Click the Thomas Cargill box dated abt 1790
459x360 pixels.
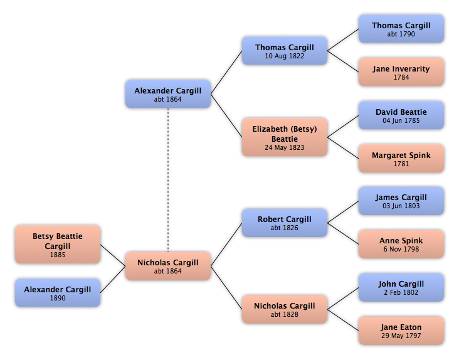pos(401,29)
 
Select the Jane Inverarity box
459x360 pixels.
pos(401,72)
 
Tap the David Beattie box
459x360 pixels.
pos(401,115)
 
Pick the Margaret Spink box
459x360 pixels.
pos(401,158)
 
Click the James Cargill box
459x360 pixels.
pos(401,201)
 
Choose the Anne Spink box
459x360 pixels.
pos(401,244)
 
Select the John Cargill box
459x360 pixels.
pos(401,287)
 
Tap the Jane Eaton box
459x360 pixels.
pos(401,331)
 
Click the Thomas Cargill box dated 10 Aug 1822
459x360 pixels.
pos(285,51)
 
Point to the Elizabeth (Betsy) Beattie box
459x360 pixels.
pos(285,137)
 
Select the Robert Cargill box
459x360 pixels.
pos(285,223)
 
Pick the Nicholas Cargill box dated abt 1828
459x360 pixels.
pos(285,309)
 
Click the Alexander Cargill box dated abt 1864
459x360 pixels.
pos(168,94)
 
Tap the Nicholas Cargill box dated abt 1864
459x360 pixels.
pos(168,266)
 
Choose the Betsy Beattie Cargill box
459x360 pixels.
pos(58,245)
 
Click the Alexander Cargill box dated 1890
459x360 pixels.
pos(58,293)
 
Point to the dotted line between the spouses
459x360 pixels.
pos(168,180)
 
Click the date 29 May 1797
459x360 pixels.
pos(401,336)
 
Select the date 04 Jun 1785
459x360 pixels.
pos(401,120)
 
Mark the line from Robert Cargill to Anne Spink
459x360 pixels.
pos(343,233)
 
